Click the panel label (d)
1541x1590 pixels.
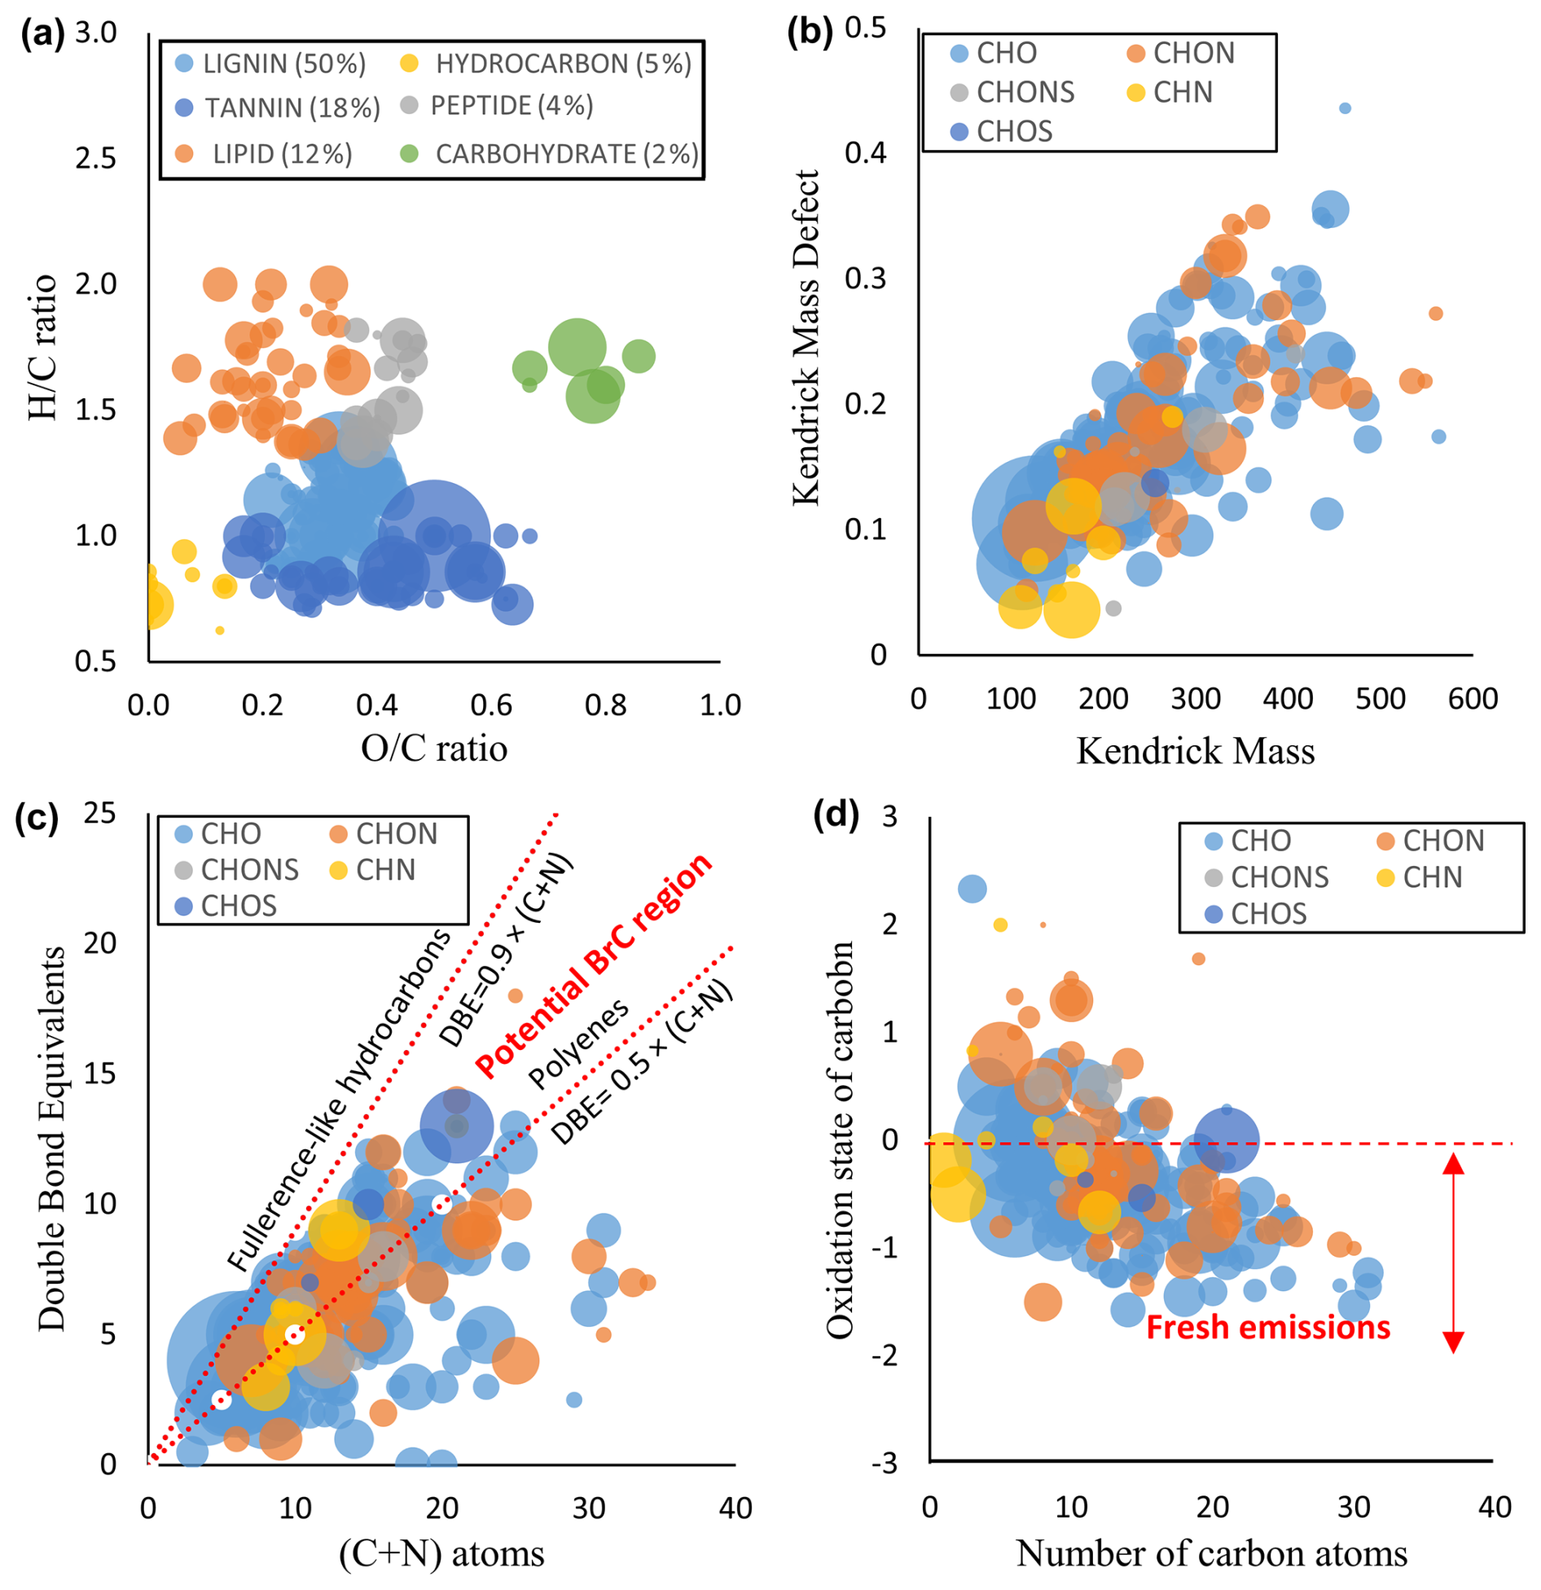pyautogui.click(x=835, y=815)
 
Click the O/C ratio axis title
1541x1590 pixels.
pyautogui.click(x=433, y=748)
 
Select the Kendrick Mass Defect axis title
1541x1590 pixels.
pyautogui.click(x=806, y=337)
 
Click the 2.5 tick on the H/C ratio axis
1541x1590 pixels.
pyautogui.click(x=96, y=158)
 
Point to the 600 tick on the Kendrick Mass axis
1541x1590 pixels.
pyautogui.click(x=1472, y=699)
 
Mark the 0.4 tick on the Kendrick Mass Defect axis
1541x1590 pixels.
pyautogui.click(x=865, y=152)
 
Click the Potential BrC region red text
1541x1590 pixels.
pyautogui.click(x=594, y=965)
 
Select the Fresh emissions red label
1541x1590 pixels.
pyautogui.click(x=1267, y=1327)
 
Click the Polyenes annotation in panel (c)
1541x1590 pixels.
pyautogui.click(x=577, y=1043)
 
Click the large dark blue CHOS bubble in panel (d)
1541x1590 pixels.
pyautogui.click(x=1225, y=1140)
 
